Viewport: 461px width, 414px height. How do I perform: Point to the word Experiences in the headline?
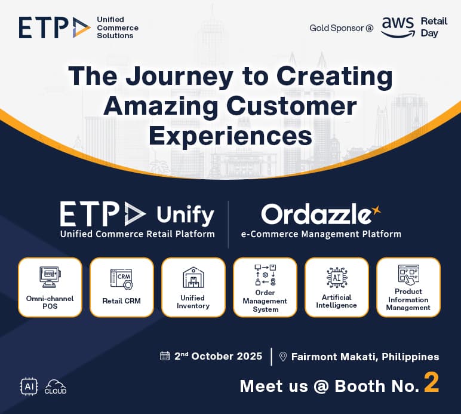click(x=230, y=135)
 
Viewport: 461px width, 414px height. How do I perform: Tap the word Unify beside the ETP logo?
click(x=185, y=214)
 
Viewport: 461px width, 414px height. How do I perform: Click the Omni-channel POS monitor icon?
click(x=50, y=277)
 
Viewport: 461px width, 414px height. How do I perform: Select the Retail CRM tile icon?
click(x=121, y=278)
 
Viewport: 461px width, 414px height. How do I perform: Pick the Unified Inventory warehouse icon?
click(x=193, y=278)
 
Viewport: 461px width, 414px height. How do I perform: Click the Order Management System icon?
click(x=265, y=274)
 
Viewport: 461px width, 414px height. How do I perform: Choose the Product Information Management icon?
click(x=408, y=275)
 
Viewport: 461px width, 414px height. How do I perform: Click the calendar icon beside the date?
click(x=165, y=356)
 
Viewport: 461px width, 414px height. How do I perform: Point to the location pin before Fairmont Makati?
click(x=283, y=357)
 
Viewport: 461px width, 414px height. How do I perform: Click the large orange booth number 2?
click(x=431, y=384)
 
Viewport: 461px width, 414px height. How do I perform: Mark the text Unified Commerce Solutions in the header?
click(x=117, y=27)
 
